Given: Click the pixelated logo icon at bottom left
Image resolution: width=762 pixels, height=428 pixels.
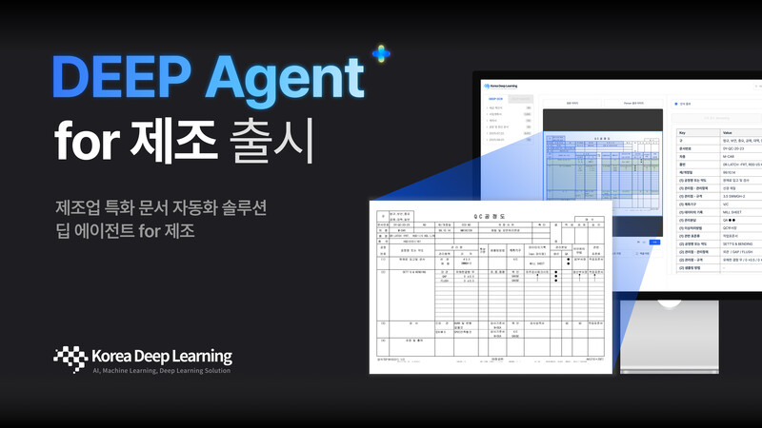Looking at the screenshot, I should [x=70, y=359].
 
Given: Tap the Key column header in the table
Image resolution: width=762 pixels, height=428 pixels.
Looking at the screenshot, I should [x=681, y=133].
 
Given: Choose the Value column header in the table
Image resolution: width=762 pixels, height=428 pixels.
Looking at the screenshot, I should [x=729, y=133].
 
